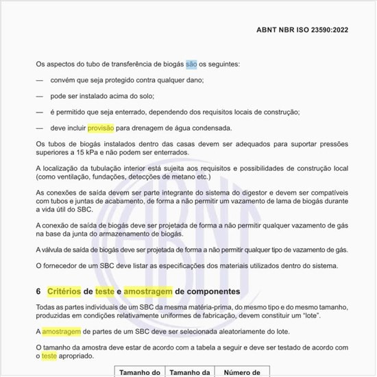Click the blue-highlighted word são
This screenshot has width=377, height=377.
[191, 64]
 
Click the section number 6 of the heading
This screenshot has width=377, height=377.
[38, 291]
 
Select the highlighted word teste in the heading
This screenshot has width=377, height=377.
[124, 291]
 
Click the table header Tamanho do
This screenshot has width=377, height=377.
[139, 373]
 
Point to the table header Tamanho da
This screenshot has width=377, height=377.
[189, 373]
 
